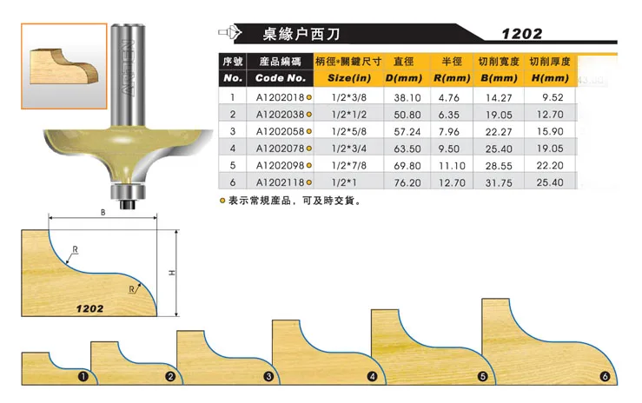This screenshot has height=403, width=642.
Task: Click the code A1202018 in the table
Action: (x=279, y=97)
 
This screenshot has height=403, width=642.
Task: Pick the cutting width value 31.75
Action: (x=498, y=182)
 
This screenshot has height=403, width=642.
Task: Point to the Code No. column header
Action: (x=280, y=78)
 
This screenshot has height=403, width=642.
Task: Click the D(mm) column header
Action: (x=407, y=78)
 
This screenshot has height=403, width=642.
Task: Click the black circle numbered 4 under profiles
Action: (x=373, y=377)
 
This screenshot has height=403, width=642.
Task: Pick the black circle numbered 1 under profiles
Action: (x=83, y=377)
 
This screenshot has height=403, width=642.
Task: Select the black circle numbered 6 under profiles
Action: (x=606, y=377)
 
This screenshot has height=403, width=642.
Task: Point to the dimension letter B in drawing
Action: (x=103, y=211)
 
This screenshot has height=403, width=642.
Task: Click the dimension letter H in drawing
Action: (x=172, y=273)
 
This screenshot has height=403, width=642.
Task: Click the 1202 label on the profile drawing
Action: (x=89, y=308)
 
